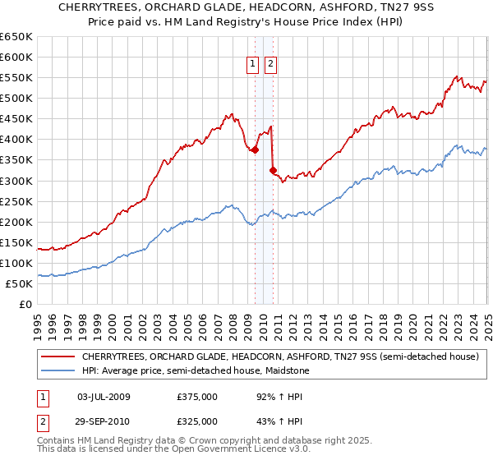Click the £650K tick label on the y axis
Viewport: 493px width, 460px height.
tap(16, 37)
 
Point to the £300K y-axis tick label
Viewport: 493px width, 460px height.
tap(16, 181)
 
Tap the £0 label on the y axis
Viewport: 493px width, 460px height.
tap(25, 305)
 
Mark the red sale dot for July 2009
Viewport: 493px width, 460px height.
tap(256, 150)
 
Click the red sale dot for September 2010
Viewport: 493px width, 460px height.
tap(274, 171)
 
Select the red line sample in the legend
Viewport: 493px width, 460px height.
tap(58, 357)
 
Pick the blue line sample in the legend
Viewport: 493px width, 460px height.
tap(58, 371)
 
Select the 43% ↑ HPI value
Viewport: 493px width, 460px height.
tap(266, 421)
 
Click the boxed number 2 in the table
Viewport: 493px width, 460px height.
tap(42, 421)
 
